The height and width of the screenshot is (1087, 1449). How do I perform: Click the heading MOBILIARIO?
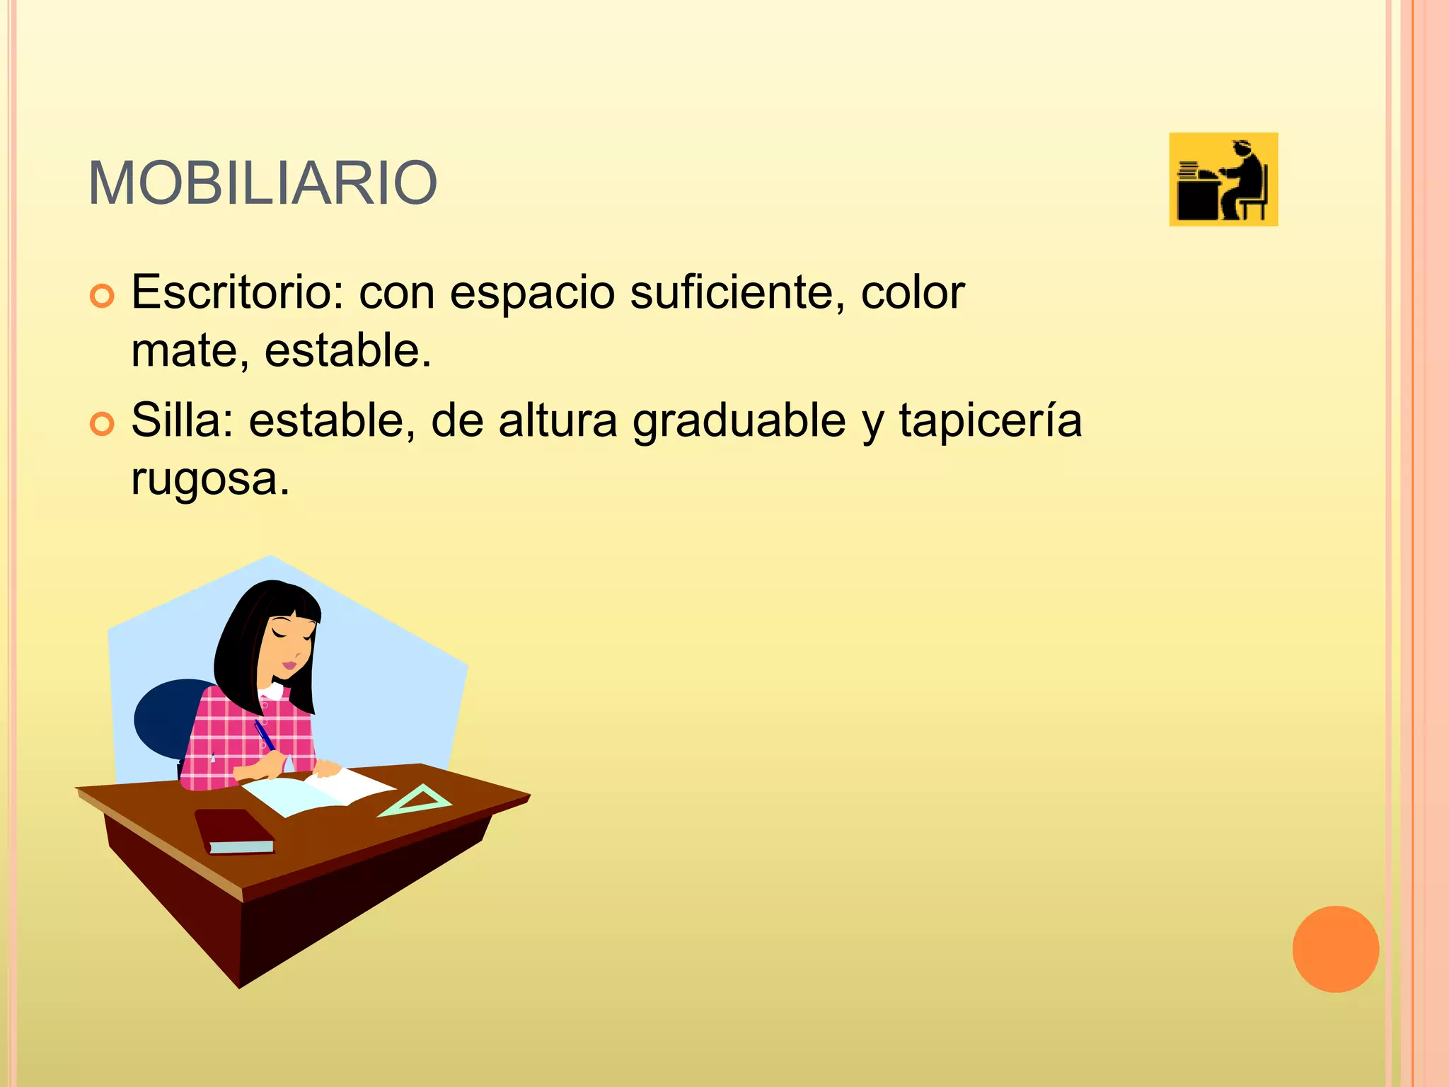coord(262,183)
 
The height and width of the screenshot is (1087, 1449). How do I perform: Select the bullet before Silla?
coord(102,425)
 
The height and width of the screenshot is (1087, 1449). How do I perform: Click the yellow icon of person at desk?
coord(1223,180)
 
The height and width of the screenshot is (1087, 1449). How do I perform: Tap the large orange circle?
coord(1335,949)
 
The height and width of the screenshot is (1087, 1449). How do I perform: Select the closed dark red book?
coord(233,829)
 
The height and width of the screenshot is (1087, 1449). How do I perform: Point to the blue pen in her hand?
coord(264,735)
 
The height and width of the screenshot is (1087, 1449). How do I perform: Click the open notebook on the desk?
coord(318,792)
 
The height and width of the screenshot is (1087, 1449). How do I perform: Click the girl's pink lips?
coord(290,665)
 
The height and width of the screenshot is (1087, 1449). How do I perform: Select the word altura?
coord(558,420)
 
